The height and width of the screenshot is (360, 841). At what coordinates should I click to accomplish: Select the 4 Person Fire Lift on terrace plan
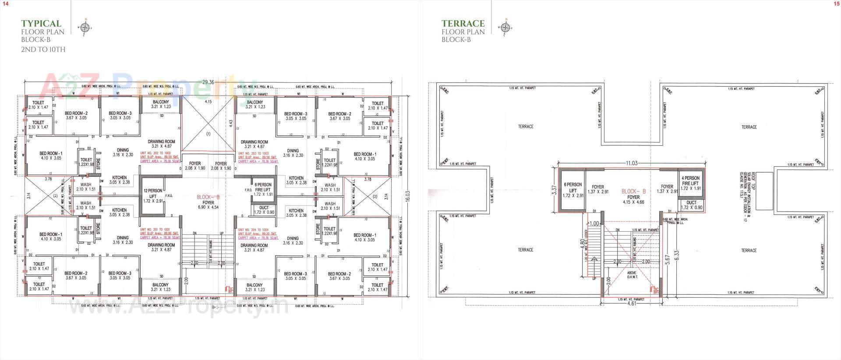691,183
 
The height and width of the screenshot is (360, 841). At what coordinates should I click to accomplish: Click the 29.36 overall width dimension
208,82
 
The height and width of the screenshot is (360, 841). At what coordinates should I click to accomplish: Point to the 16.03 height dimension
408,196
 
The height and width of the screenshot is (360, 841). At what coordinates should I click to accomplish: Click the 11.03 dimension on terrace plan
631,163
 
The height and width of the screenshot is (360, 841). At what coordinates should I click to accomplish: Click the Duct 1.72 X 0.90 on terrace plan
691,205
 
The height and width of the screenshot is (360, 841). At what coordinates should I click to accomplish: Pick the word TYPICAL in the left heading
41,24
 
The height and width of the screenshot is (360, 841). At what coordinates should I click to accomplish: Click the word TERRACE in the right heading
463,24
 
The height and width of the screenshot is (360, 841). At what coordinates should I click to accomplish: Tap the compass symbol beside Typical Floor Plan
85,28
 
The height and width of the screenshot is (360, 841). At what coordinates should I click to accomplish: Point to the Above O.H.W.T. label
632,275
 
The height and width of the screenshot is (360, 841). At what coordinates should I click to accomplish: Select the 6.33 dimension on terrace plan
677,255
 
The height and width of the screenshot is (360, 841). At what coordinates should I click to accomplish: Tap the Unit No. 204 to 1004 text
254,229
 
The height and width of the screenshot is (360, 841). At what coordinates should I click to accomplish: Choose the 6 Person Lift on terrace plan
572,190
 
